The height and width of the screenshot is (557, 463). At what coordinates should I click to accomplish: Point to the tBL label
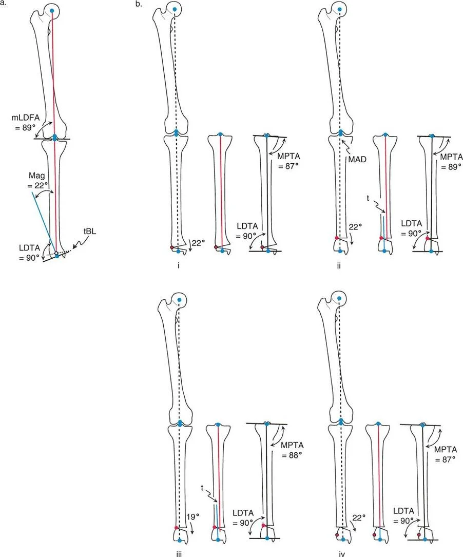pos(89,232)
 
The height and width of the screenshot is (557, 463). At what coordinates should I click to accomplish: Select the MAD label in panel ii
pos(357,159)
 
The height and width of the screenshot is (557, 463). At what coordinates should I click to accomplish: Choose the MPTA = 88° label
pos(292,450)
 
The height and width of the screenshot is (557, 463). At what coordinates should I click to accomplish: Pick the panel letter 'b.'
pos(139,4)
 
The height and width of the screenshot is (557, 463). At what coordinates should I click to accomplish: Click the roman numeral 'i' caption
pos(178,265)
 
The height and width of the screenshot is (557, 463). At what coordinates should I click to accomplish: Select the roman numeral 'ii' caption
pos(339,265)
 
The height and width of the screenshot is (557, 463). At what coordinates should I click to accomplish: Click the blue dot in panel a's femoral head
pos(52,11)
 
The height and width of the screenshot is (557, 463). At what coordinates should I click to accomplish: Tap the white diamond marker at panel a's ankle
pos(56,253)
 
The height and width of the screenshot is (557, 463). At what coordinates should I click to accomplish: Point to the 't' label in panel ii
pos(368,198)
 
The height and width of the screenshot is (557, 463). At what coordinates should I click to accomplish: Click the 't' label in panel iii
pos(202,488)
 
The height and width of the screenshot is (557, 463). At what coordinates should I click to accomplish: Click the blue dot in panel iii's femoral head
pos(179,299)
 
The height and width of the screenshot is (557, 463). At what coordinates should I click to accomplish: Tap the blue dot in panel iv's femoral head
pos(340,299)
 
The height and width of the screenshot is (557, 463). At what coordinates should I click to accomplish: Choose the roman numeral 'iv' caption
pos(342,554)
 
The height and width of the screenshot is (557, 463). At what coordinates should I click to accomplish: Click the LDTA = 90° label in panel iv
pos(403,515)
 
